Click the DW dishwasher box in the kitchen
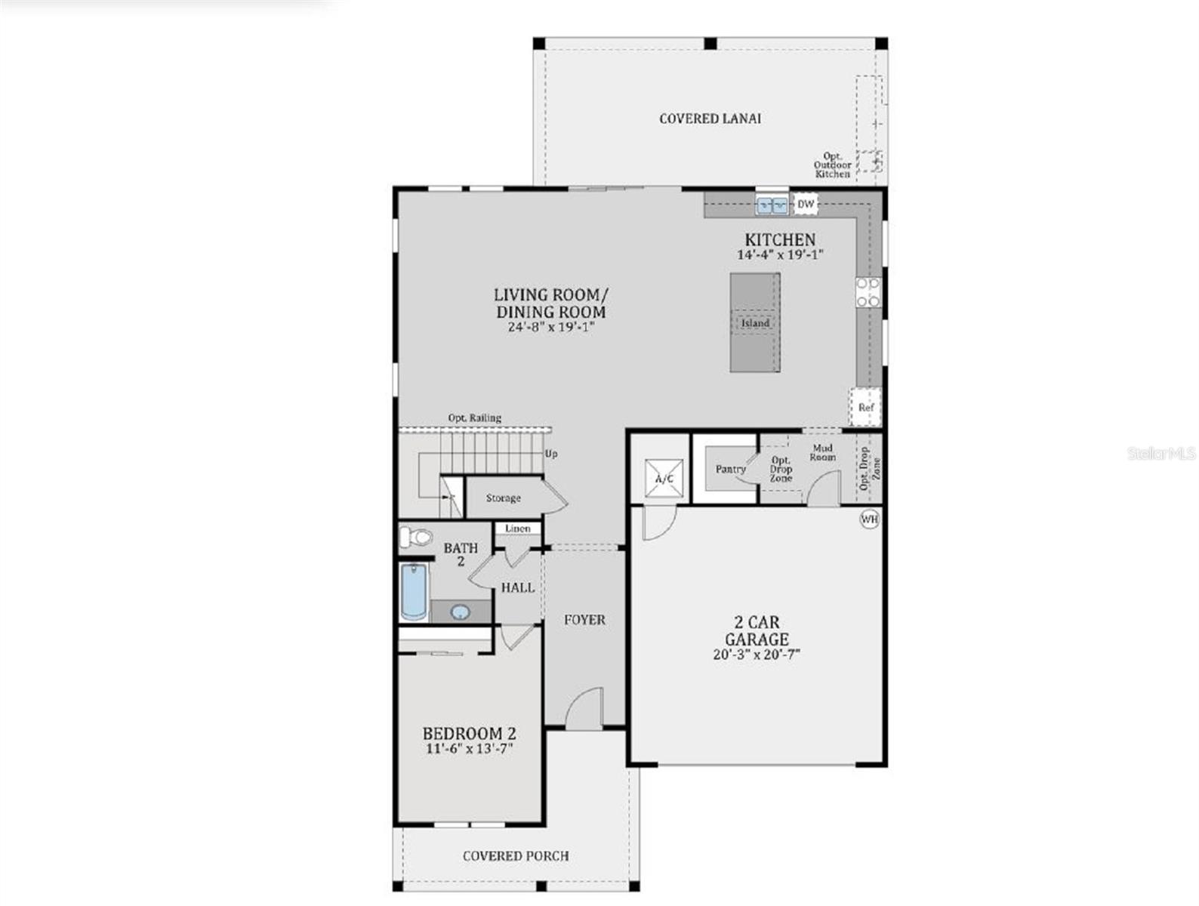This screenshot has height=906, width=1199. pos(806,204)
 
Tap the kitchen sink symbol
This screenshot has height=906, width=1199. pos(772,205)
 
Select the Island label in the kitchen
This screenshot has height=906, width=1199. pos(754,323)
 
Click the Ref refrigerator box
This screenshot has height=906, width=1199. pos(865,407)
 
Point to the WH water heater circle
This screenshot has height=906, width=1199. pos(870,519)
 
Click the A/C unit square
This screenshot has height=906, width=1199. pos(664,479)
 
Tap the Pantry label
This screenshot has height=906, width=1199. pos(730,469)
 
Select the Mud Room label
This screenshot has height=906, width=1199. pos(822,452)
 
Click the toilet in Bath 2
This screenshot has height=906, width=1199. pos(415,537)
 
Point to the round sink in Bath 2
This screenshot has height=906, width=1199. pos(460,612)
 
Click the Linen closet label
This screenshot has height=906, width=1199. pos(518,528)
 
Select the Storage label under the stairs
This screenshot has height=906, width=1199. pos(503,498)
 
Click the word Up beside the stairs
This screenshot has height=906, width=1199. pos(551,454)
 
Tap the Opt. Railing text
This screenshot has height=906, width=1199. pos(474,418)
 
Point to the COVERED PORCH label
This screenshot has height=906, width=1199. pos(516,855)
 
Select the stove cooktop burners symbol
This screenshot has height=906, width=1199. pos(868,292)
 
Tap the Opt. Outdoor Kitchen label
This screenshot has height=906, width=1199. pos(832,165)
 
